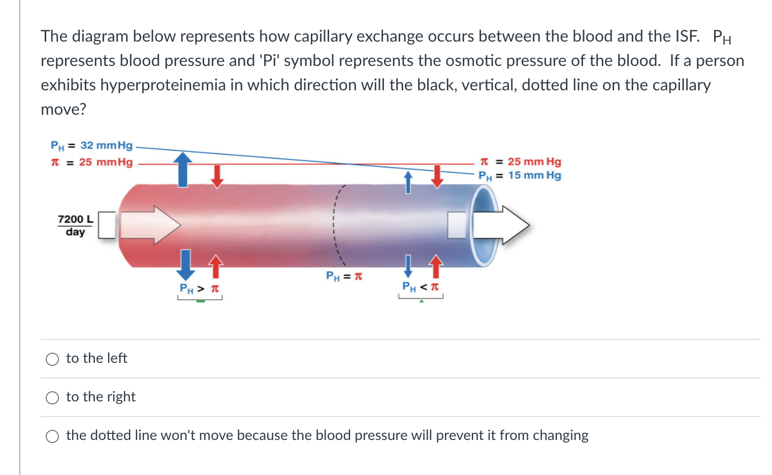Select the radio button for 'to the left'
click(x=52, y=359)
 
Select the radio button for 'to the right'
click(x=52, y=398)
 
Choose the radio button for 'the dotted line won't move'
click(x=52, y=436)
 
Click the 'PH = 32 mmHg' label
click(x=91, y=146)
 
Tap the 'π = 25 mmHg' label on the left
click(x=91, y=162)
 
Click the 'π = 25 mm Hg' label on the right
click(x=520, y=161)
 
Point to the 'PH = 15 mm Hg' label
click(x=520, y=176)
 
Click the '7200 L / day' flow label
click(x=75, y=225)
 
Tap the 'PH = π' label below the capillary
click(x=344, y=277)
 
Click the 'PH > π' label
click(x=199, y=289)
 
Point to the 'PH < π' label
click(x=420, y=287)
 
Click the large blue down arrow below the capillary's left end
click(x=185, y=264)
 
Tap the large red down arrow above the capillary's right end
click(x=437, y=176)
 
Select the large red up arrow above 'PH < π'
click(x=436, y=266)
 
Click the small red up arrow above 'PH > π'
click(x=216, y=266)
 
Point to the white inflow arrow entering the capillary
click(x=150, y=225)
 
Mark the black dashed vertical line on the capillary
click(x=335, y=224)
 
